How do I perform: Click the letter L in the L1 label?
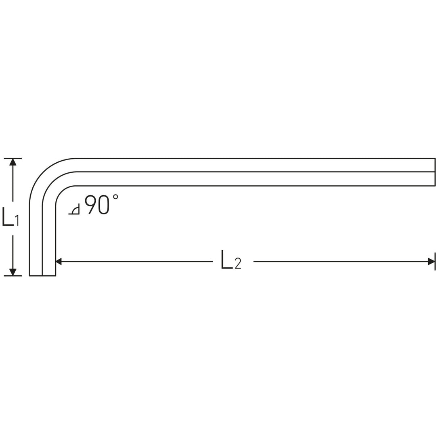[8, 216]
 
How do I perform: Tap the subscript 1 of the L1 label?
[17, 220]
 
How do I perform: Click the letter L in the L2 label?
[227, 260]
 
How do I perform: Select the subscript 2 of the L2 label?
[238, 264]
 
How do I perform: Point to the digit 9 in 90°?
[91, 204]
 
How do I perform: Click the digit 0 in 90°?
[104, 204]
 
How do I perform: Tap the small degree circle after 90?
[115, 197]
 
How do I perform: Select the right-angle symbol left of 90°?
[75, 210]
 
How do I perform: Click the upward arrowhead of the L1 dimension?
[13, 162]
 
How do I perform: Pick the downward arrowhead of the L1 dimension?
[13, 272]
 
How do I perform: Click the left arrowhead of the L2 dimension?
[59, 262]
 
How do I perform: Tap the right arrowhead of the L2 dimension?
[431, 262]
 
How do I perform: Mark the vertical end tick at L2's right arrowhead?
[435, 262]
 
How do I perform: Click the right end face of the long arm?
[435, 172]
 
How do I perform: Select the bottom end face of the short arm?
[42, 276]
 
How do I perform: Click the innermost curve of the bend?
[61, 191]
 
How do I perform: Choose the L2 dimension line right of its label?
[339, 262]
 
